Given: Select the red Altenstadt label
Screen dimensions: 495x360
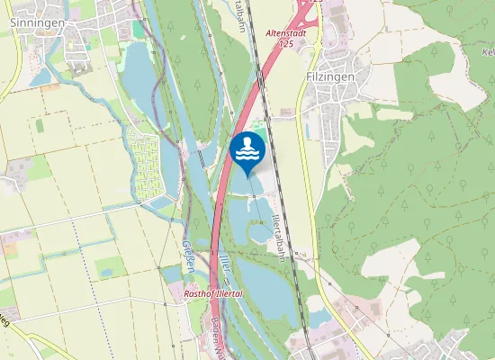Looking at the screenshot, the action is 285,32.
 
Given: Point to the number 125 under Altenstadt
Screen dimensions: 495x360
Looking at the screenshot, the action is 285,42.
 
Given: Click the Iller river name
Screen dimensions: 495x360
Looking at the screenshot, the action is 224,264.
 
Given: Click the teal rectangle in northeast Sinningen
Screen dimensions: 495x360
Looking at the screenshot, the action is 138,30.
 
